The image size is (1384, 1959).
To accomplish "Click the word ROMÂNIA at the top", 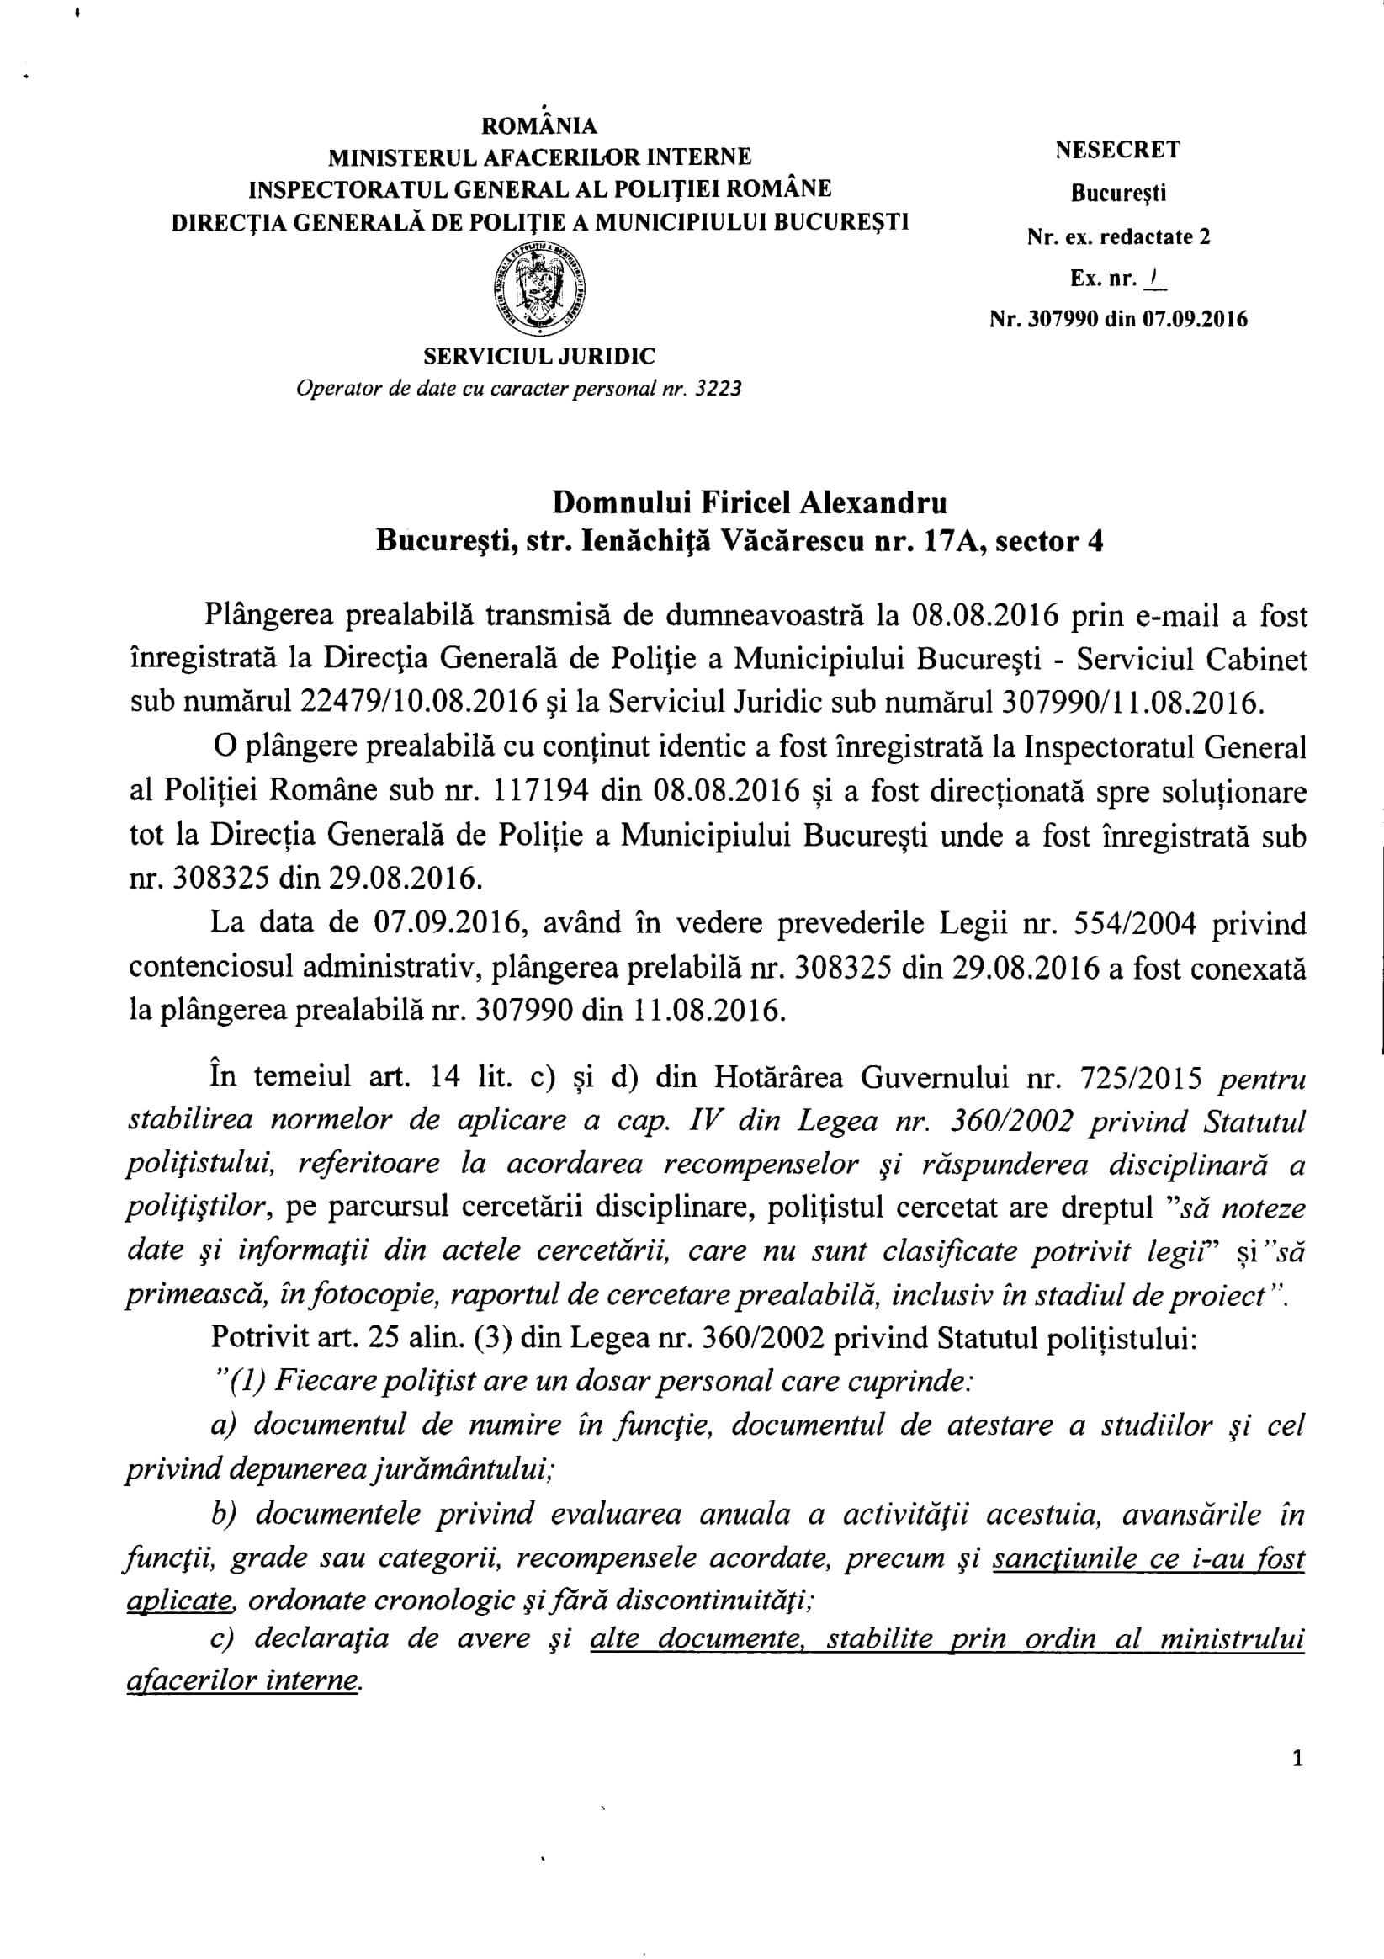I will point(539,126).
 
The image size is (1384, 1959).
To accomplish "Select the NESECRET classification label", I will point(1118,150).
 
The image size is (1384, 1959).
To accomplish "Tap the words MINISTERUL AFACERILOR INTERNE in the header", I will point(539,157).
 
